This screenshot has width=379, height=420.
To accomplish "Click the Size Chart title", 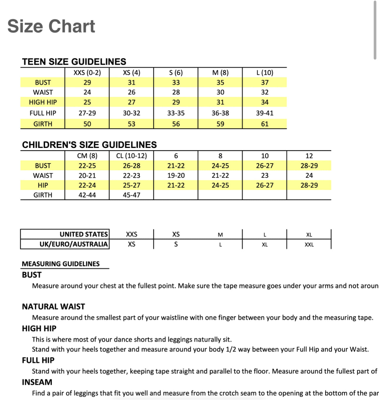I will coord(51,26).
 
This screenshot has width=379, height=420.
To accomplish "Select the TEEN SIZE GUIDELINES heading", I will coord(74,62).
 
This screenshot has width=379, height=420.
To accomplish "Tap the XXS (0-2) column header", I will coord(87,72).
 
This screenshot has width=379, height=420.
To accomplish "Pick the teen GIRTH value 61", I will coord(265,124).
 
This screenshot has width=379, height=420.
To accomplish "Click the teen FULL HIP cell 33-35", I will coord(176,113).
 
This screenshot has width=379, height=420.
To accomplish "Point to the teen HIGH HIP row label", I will coord(43,102).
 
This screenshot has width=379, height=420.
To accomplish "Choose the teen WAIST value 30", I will coord(220,92).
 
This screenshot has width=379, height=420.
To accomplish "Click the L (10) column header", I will coord(265,72).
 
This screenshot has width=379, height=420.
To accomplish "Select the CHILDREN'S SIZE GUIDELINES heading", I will coord(89,145).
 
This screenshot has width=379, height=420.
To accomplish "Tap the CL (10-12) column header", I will coord(131,156).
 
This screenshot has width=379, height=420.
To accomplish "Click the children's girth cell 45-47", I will coord(131,195).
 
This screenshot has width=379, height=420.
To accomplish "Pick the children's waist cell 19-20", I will coord(176,176).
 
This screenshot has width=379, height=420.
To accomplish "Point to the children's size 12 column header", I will coord(309,156).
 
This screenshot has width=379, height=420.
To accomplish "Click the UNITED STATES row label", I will coord(84,234).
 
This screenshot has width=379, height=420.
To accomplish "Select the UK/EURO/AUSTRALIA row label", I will coord(74,244).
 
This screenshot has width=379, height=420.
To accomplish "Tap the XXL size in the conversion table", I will coord(309,244).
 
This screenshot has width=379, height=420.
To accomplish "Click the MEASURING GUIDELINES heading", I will coord(61,264).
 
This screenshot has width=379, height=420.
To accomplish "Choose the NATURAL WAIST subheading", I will coord(53,307).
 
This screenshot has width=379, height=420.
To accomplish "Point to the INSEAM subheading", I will coord(37,382).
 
